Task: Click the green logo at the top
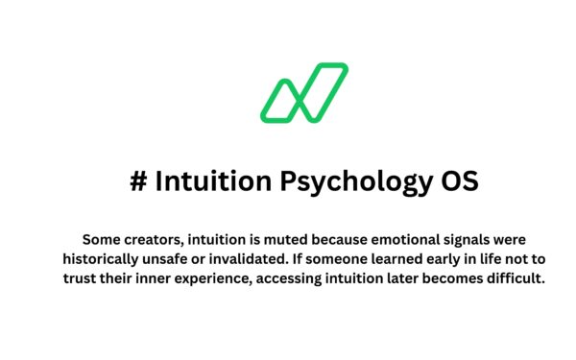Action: click(303, 93)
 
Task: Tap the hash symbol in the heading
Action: click(137, 180)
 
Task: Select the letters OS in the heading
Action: click(457, 180)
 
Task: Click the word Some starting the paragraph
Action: click(102, 238)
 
